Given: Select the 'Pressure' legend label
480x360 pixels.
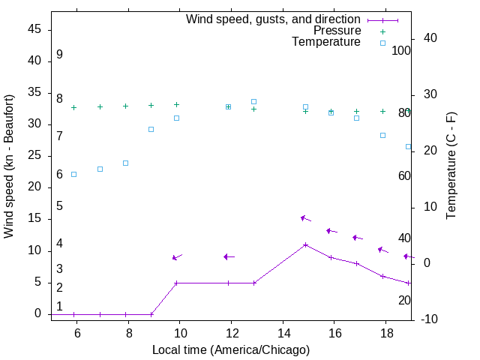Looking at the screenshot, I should coord(337,31).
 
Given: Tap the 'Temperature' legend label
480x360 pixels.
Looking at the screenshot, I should coord(326,42).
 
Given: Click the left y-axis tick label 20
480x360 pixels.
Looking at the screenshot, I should coord(34,187).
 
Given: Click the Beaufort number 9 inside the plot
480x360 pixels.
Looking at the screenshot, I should coord(59,55).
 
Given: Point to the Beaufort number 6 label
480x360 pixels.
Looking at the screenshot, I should coord(59,175).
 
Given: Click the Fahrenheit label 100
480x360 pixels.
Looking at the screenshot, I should coord(401,51).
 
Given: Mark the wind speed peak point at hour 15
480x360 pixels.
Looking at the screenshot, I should coord(306,244).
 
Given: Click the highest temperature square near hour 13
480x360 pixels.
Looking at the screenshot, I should coord(254,101).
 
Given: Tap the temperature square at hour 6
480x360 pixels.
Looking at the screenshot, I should coord(73,174).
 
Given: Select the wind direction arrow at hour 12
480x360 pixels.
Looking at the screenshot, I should coord(229,256).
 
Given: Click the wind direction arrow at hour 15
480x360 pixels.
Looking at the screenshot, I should coord(305,218).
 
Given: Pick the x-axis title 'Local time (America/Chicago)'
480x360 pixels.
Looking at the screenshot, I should coord(230,349).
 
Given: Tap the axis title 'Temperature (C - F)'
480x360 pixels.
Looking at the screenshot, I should coord(451,166).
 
